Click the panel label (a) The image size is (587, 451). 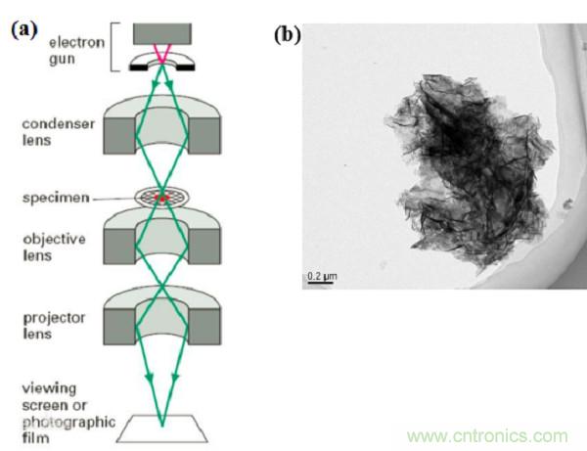[24, 28]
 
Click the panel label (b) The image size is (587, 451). [287, 36]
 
